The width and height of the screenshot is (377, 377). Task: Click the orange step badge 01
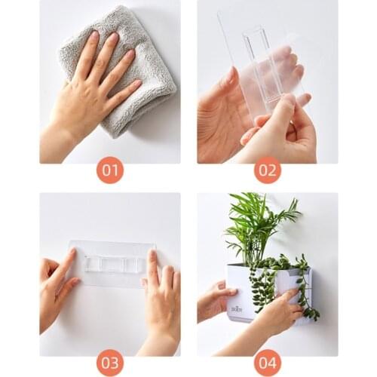[x=110, y=170]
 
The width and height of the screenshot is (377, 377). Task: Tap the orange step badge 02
[x=267, y=170]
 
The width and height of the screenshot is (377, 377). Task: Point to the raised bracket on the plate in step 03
[x=113, y=264]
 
